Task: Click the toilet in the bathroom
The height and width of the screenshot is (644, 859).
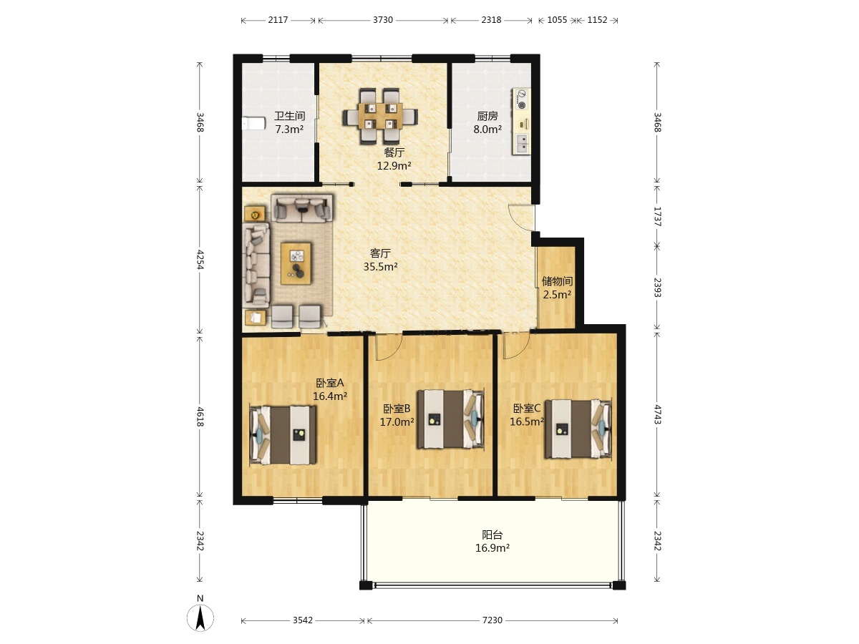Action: click(253, 124)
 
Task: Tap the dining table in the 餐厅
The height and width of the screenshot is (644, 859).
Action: click(380, 116)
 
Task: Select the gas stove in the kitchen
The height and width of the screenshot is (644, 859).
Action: click(522, 99)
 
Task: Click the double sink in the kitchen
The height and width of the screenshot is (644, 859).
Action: click(522, 143)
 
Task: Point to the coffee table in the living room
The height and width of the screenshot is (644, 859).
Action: click(296, 263)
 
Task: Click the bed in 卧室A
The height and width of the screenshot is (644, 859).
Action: click(283, 435)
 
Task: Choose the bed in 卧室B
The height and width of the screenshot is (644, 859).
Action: click(451, 419)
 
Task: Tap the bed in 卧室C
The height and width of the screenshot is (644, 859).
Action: click(578, 429)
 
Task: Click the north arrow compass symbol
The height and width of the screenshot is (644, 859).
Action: click(200, 618)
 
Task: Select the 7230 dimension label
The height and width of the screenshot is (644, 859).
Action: click(492, 620)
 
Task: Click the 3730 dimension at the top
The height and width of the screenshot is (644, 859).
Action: click(383, 20)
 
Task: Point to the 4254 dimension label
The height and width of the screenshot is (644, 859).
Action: click(200, 259)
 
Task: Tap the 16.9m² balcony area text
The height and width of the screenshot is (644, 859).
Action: click(492, 548)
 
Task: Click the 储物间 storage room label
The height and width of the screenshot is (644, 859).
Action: click(557, 281)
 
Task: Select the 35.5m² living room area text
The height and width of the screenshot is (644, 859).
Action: click(381, 267)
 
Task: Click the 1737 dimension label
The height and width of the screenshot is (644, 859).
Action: click(657, 217)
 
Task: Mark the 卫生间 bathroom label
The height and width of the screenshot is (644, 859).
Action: click(290, 116)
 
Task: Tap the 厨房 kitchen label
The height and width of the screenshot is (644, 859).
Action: click(487, 116)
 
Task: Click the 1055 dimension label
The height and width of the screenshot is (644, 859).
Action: click(557, 20)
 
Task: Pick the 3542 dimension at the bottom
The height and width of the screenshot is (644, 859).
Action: click(303, 620)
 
